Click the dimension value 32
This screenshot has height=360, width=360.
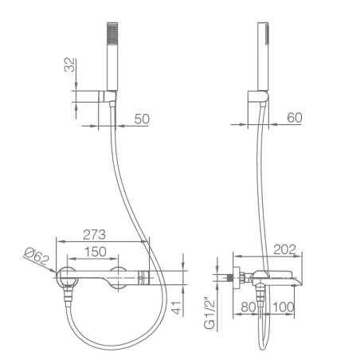coord(69,65)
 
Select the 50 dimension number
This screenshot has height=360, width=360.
coord(142,119)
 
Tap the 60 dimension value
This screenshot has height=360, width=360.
coord(295,118)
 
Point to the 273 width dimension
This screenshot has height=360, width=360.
coord(94,235)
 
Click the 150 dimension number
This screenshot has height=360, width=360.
coord(96,252)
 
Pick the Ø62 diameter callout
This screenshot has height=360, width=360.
coord(37,256)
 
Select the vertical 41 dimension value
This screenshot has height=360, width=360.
coord(176,308)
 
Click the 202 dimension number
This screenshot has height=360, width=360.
coord(284,249)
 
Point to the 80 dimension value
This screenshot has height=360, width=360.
coord(248,307)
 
